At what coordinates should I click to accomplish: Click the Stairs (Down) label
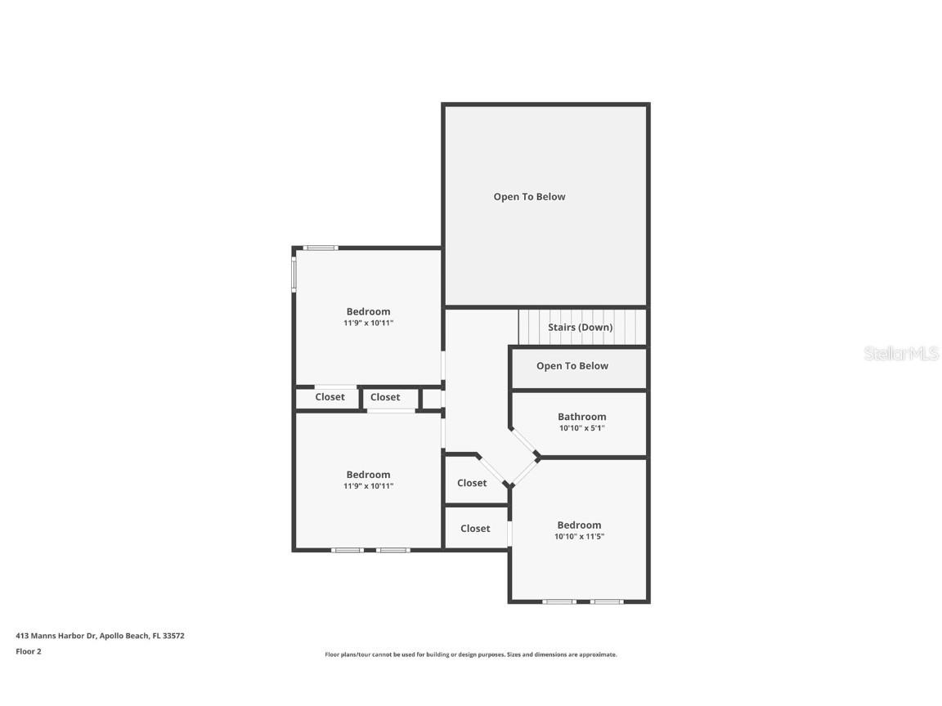[x=580, y=328]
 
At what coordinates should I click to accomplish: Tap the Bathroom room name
[x=581, y=417]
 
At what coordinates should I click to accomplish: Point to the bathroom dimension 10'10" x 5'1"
[x=581, y=428]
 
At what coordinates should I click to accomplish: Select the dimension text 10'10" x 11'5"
[x=579, y=537]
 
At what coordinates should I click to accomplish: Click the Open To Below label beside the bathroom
[x=572, y=366]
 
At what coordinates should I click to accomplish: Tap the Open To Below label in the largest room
[x=529, y=197]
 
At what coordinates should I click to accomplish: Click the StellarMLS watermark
[x=900, y=354]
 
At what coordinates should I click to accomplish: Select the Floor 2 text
[x=28, y=651]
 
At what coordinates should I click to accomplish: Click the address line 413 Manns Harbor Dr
[x=100, y=635]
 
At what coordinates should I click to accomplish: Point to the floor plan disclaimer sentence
[x=470, y=655]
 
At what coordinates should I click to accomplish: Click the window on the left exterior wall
[x=294, y=275]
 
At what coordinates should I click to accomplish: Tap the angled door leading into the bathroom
[x=524, y=442]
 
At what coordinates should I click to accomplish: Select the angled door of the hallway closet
[x=493, y=470]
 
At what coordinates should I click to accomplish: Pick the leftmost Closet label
[x=330, y=397]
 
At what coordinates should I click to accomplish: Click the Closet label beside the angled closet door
[x=472, y=483]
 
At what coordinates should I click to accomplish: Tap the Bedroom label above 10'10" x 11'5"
[x=579, y=525]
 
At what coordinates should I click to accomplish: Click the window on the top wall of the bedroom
[x=321, y=248]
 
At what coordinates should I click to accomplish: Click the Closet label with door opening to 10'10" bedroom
[x=475, y=529]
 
